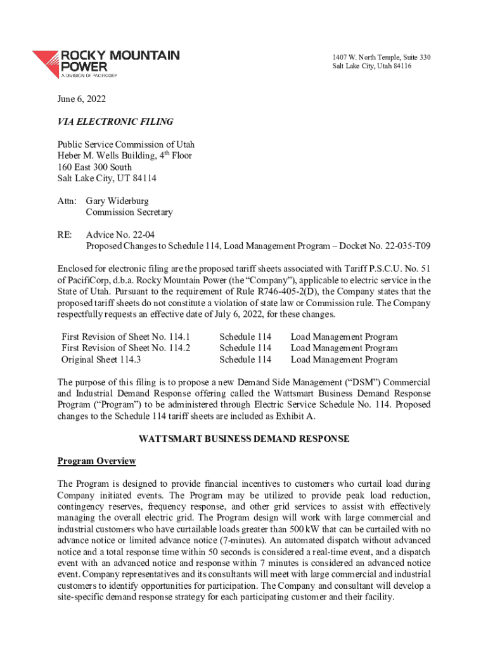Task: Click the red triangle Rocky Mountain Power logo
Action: [x=46, y=63]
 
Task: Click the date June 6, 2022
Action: [x=81, y=99]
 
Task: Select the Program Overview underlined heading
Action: [x=96, y=461]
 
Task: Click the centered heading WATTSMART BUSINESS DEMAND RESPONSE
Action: [x=244, y=439]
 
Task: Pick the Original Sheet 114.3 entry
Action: [x=101, y=359]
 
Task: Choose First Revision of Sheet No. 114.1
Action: [x=125, y=337]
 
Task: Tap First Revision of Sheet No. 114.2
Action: [x=125, y=348]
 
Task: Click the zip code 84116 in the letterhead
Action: [x=398, y=67]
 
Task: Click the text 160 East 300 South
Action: [x=94, y=167]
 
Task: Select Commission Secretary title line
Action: [x=129, y=212]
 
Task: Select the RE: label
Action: [x=65, y=235]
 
